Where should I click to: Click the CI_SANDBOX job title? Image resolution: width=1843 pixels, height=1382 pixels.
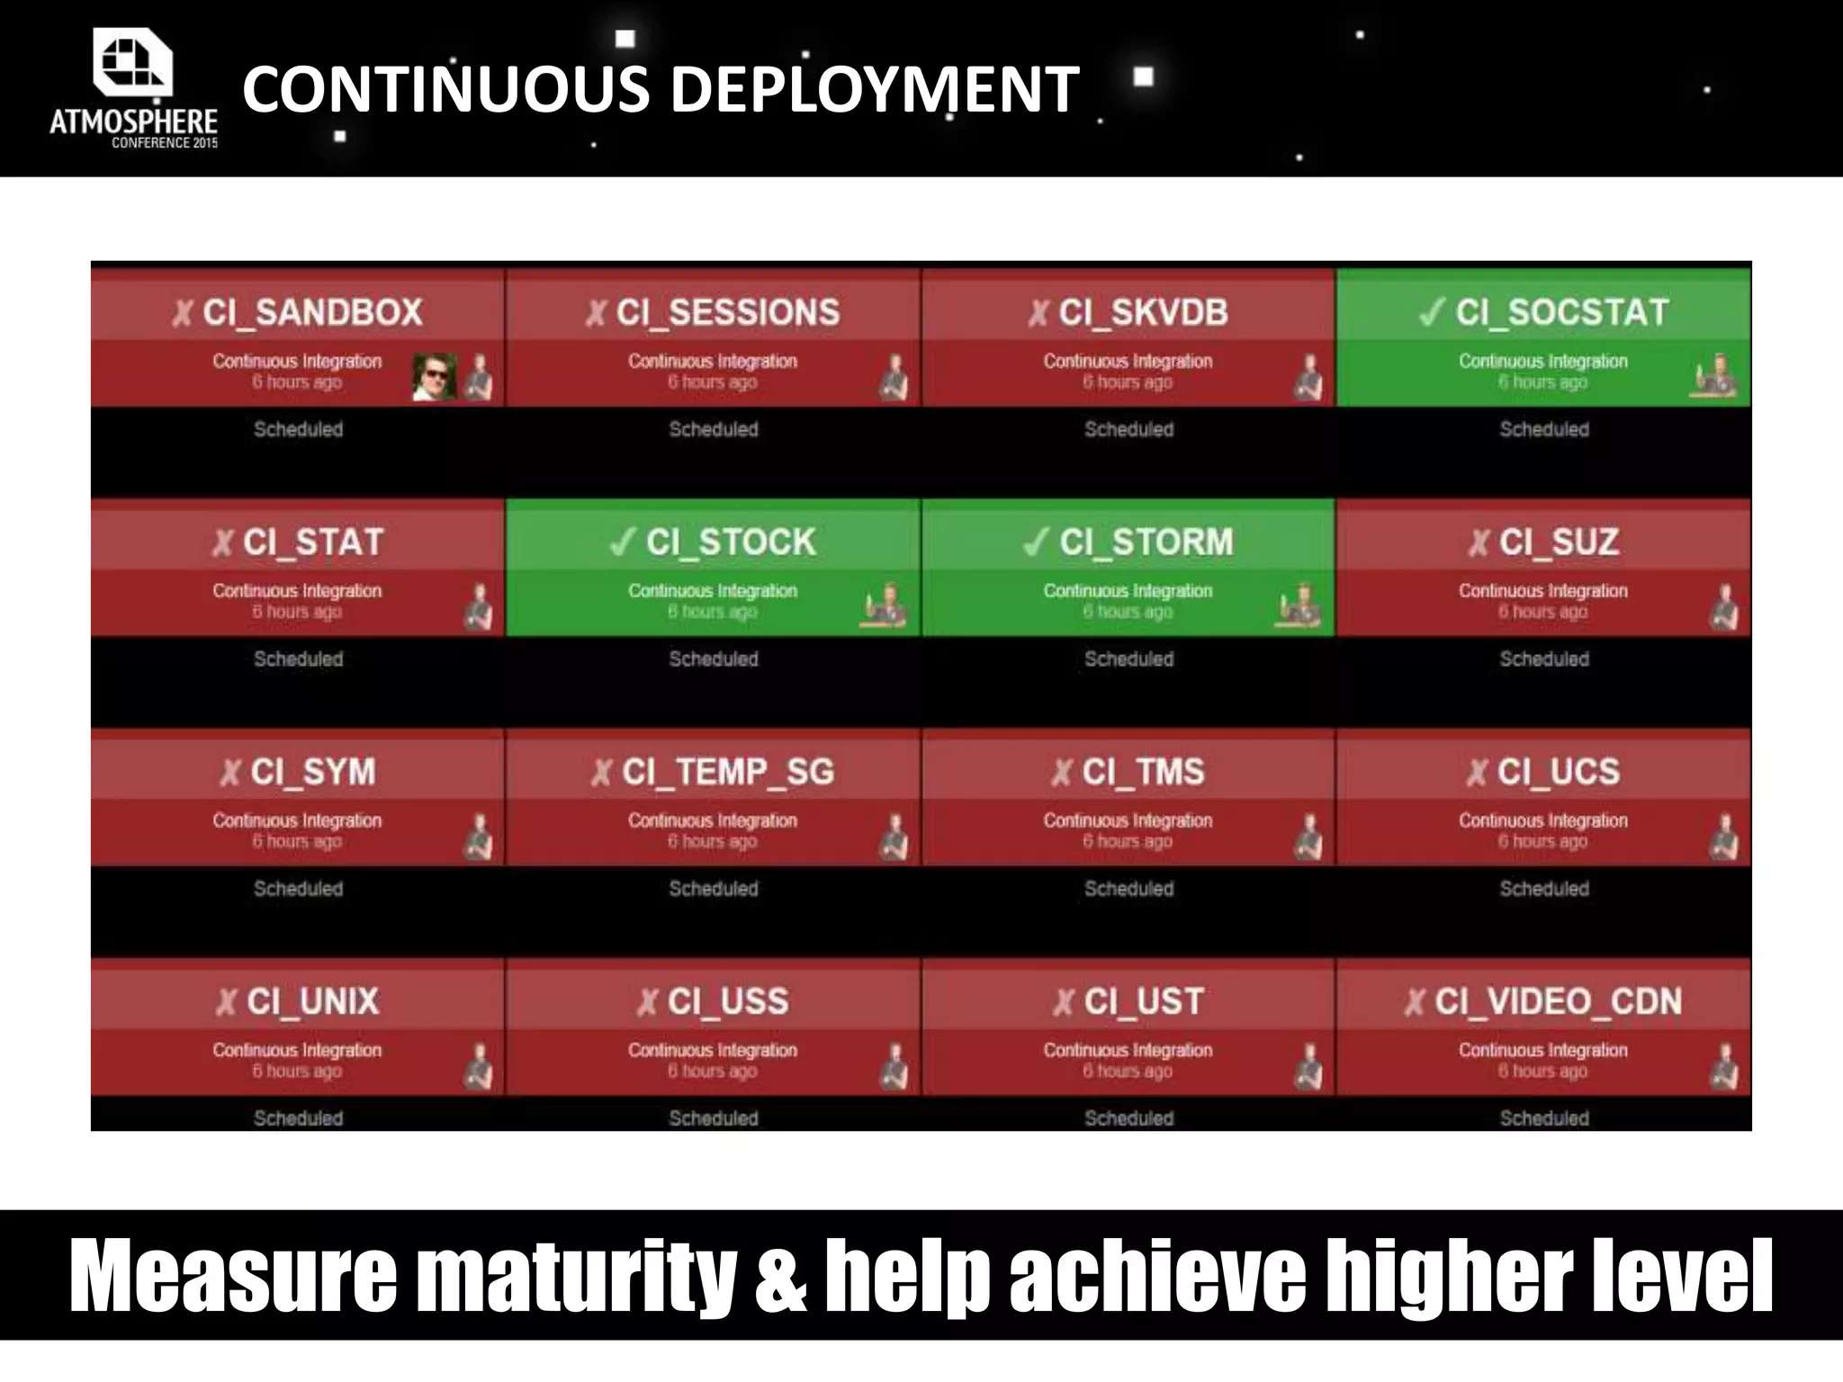point(312,312)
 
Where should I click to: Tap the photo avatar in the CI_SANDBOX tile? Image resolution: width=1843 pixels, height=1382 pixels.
point(434,376)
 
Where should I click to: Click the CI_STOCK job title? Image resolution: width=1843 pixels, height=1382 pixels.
point(731,542)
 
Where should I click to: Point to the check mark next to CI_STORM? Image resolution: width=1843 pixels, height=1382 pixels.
point(1036,542)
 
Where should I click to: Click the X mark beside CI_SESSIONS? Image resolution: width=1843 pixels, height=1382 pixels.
point(596,313)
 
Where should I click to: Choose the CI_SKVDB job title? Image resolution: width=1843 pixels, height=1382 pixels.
point(1143,312)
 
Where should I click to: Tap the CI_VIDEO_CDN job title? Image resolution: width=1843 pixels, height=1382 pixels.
point(1558,1001)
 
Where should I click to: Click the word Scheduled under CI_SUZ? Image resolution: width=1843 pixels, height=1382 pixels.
point(1544,659)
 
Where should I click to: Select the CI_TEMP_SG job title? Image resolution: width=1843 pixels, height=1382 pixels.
point(728,772)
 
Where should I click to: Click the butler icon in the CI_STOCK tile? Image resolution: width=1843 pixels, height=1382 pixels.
point(884,605)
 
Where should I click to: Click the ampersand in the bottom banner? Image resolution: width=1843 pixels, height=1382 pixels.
point(779,1276)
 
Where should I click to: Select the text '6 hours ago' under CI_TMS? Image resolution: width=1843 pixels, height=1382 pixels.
point(1128,841)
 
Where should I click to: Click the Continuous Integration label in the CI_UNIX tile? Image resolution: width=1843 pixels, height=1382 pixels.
point(297,1050)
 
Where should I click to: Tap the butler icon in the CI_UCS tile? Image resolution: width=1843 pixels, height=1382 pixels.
point(1724,836)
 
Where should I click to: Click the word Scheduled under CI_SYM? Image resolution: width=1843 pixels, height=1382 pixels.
point(298,888)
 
